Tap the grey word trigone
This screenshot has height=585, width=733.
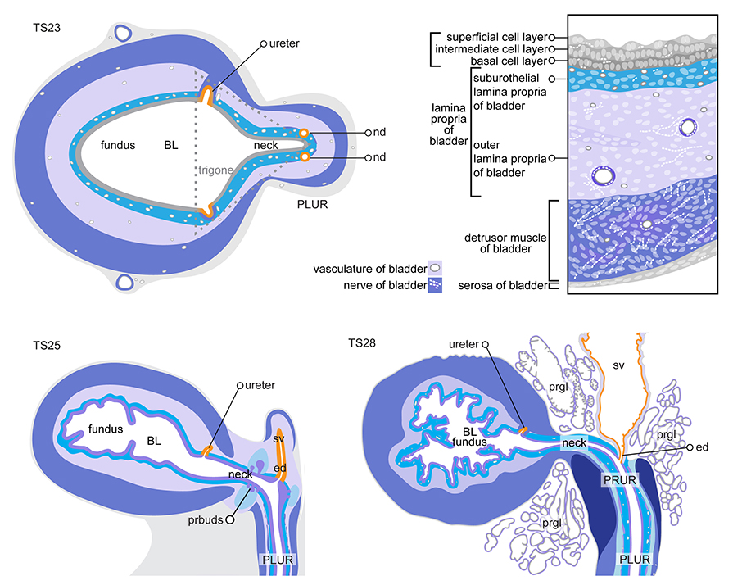click(215, 170)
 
